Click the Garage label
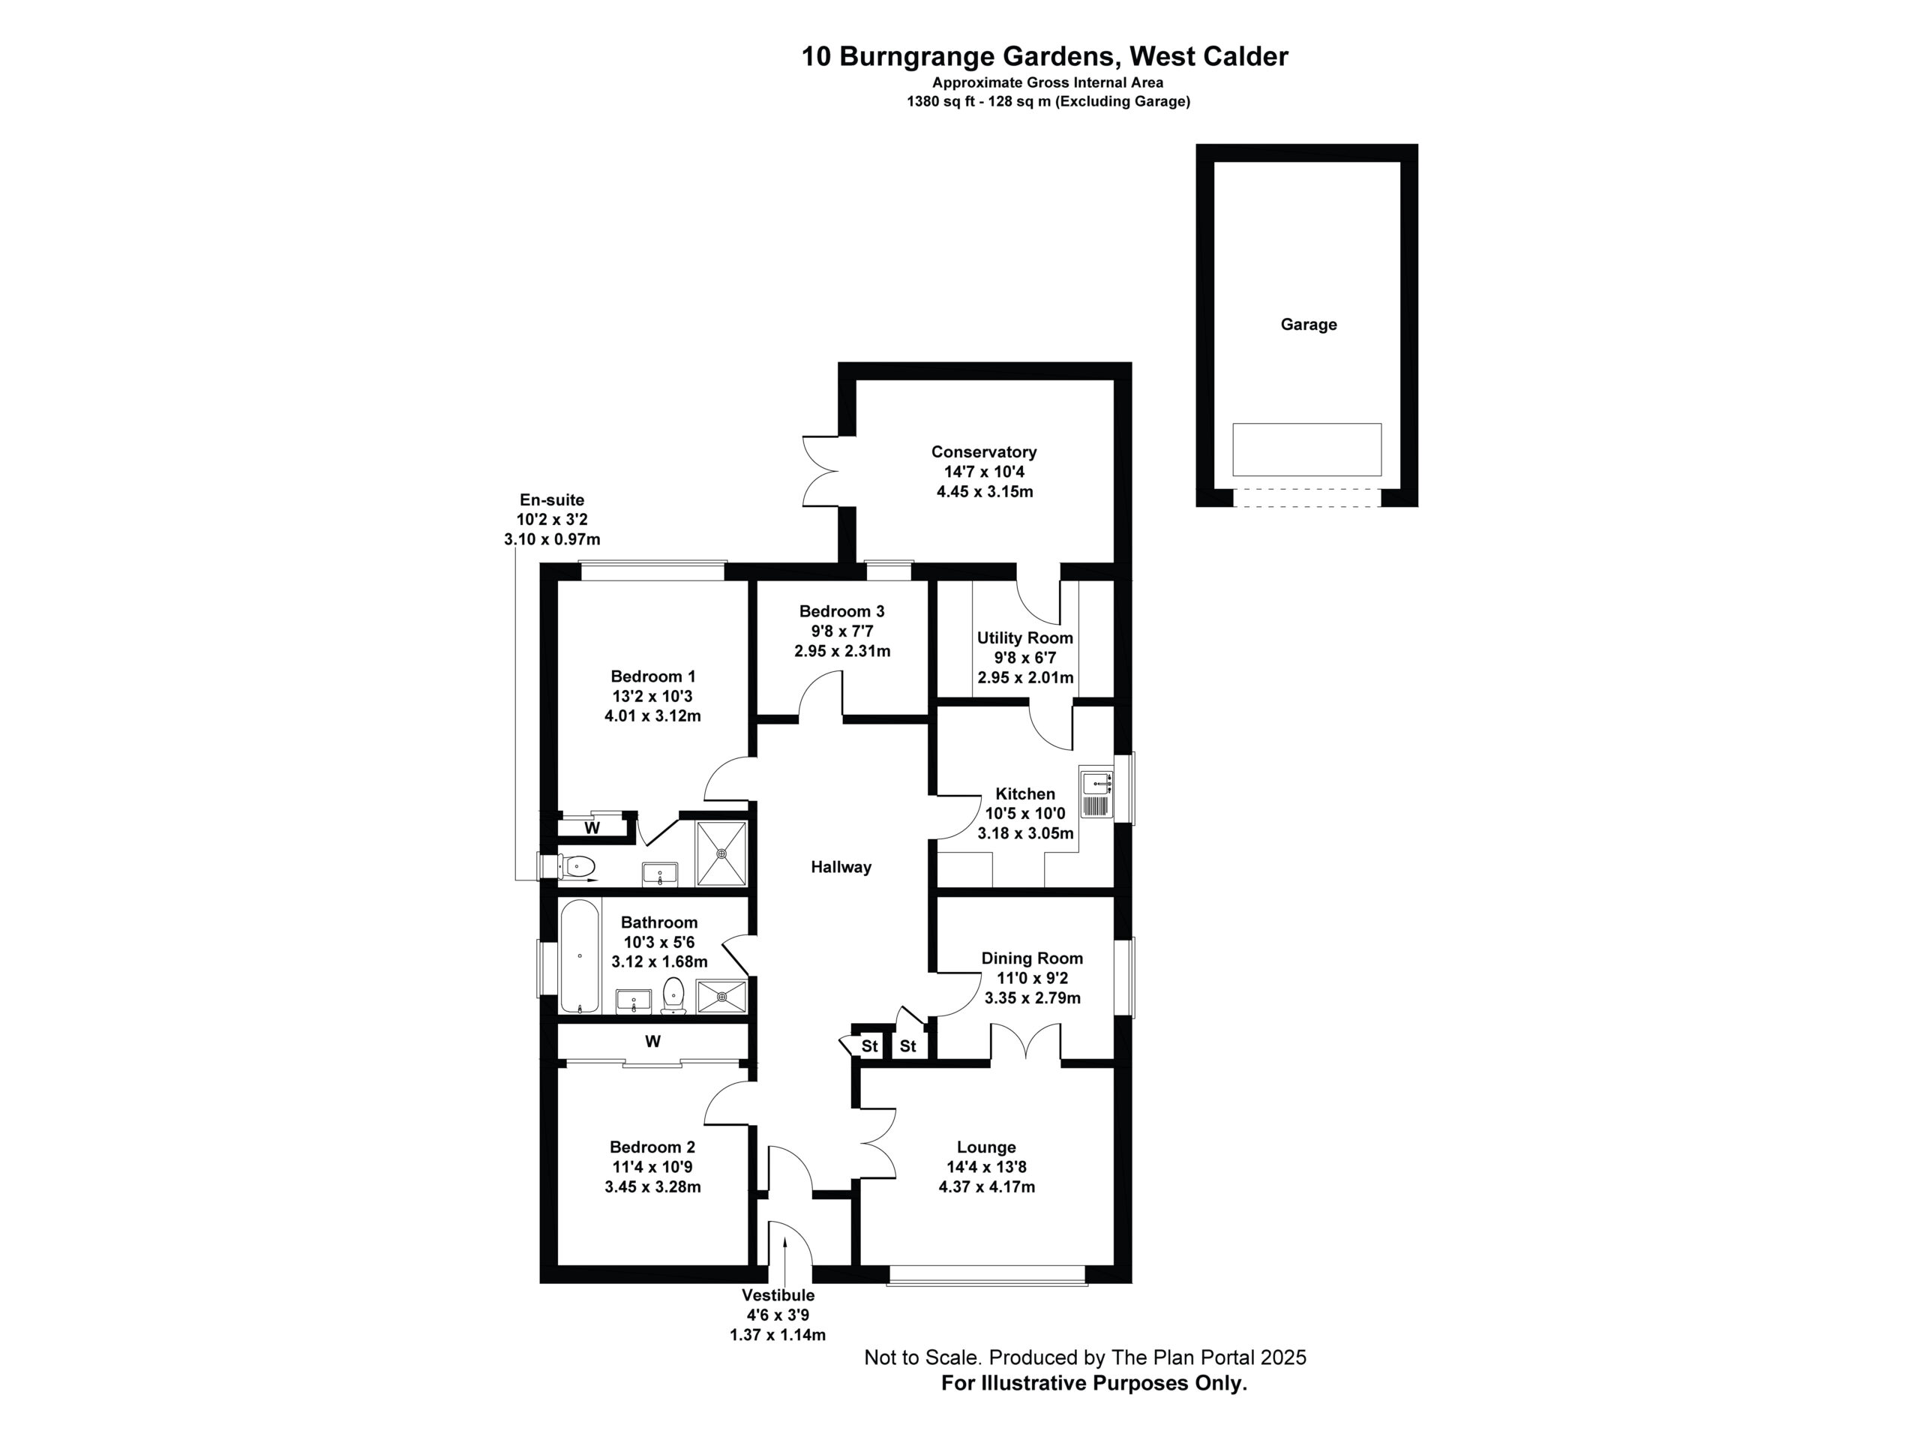[1308, 325]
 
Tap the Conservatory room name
[983, 451]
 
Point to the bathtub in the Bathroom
[579, 956]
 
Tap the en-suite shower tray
[721, 853]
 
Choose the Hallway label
[841, 867]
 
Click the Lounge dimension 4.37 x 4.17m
[987, 1186]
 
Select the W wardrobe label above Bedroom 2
[652, 1041]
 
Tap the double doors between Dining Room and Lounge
[1026, 1042]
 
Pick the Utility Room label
[1025, 638]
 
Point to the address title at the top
[1044, 56]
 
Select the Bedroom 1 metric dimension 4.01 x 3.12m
[652, 716]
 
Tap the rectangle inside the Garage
[1306, 449]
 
